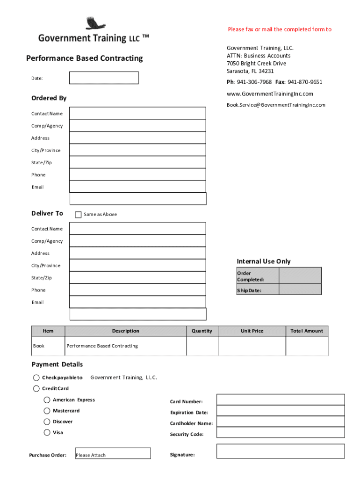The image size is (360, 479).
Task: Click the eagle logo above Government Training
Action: [96, 23]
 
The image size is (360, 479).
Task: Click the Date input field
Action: [104, 78]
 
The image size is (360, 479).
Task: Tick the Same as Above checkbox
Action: [78, 214]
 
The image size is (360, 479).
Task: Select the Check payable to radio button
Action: [36, 377]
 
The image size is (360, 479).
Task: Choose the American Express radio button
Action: [47, 400]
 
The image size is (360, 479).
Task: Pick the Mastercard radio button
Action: [47, 411]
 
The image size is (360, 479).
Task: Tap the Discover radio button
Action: [47, 421]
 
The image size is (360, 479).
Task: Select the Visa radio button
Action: [47, 432]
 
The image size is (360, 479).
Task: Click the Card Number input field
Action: [280, 399]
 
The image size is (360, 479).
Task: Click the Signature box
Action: [280, 451]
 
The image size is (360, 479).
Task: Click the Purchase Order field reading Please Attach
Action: [113, 453]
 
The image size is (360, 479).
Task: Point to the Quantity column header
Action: [202, 331]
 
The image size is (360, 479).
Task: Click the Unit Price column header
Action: [252, 331]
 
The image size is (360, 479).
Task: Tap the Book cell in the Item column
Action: [39, 346]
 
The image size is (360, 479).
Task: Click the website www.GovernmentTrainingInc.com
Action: [270, 94]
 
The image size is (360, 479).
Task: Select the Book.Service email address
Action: [276, 105]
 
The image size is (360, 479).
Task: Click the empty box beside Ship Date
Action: [300, 289]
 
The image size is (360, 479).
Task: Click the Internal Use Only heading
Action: [264, 261]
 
